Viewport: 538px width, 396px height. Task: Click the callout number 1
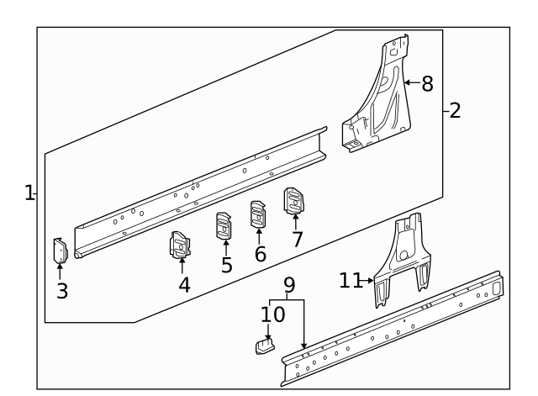coord(29,194)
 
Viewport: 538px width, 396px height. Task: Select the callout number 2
coord(455,110)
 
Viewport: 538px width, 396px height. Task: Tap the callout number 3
coord(62,292)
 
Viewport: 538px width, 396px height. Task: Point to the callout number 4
coord(184,284)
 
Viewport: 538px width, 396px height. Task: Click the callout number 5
coord(226,266)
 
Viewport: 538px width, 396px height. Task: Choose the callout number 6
coord(260,255)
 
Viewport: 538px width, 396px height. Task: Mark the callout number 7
coord(296,239)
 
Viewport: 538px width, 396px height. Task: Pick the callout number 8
coord(427,83)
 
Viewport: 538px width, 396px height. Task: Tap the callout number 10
coord(272,315)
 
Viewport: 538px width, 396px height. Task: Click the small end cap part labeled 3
coord(60,251)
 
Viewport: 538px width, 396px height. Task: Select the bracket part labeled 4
coord(181,244)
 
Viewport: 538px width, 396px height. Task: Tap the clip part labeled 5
coord(224,225)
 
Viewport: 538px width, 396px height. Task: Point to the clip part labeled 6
coord(257,214)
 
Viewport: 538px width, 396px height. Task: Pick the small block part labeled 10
coord(265,345)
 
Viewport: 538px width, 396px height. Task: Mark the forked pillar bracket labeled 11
coord(404,256)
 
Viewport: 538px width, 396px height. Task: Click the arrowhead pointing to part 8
coord(407,83)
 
